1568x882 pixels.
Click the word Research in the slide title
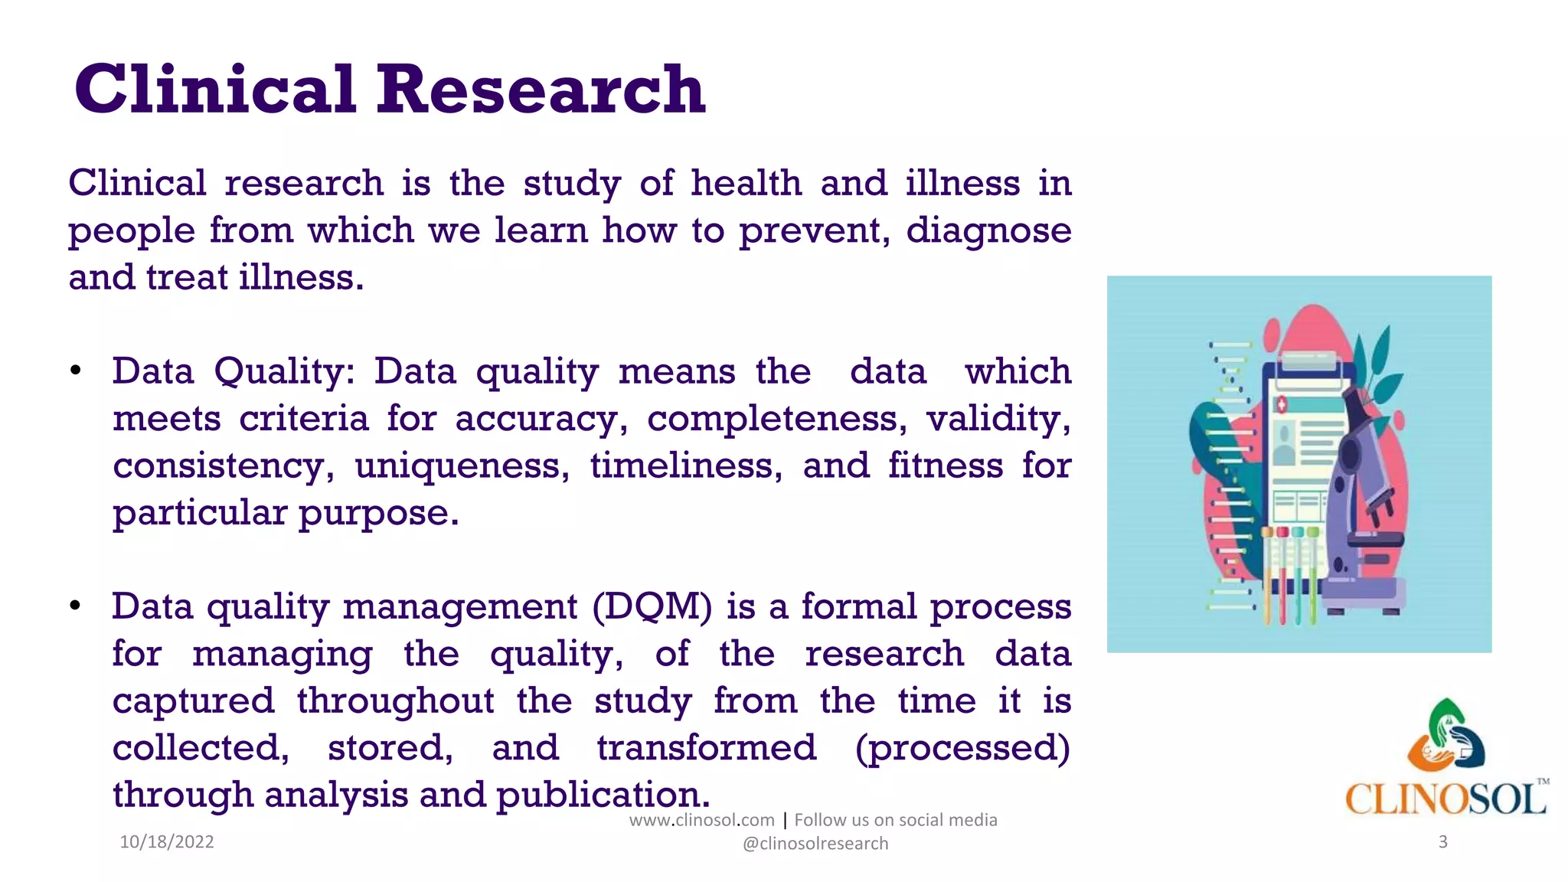tap(540, 90)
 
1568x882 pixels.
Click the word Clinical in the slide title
tap(215, 90)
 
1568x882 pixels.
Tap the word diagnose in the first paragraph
tap(988, 230)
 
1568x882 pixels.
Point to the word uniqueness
tap(462, 465)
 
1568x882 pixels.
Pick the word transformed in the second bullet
tap(706, 748)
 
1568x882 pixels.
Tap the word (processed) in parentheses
tap(962, 748)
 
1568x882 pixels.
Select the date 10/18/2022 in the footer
tap(167, 842)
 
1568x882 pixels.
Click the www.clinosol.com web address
tap(701, 820)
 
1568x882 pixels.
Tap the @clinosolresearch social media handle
tap(815, 844)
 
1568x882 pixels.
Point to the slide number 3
tap(1443, 842)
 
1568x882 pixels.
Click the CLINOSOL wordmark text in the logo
tap(1445, 799)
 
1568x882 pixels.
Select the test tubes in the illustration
tap(1290, 574)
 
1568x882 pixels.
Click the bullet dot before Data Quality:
tap(75, 372)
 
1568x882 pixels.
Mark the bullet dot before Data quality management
tap(75, 607)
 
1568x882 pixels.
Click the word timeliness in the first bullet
tap(686, 465)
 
